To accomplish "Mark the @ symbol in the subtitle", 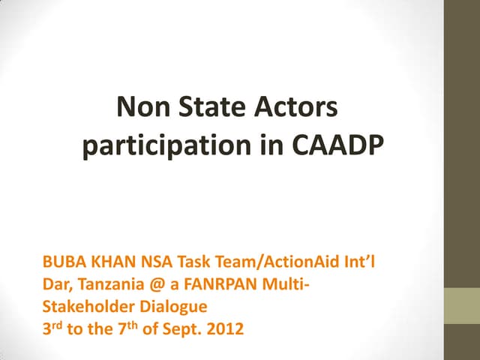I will point(154,286).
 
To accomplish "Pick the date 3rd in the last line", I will point(53,328).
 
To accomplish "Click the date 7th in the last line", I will point(124,328).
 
